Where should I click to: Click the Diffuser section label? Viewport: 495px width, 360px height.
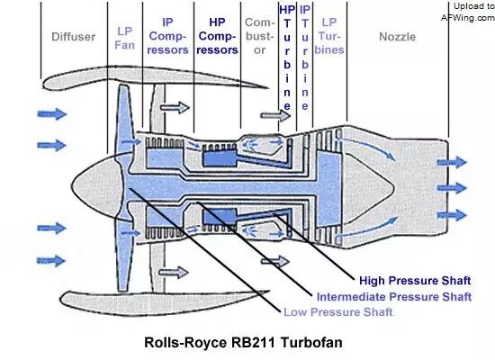pyautogui.click(x=73, y=37)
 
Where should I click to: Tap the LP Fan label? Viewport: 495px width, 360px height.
pyautogui.click(x=125, y=38)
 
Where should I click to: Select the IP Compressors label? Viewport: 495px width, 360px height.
pyautogui.click(x=167, y=36)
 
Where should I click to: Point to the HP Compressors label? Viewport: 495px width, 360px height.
pyautogui.click(x=217, y=36)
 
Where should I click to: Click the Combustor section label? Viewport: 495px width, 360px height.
pyautogui.click(x=259, y=36)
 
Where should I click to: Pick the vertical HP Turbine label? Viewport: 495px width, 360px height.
pyautogui.click(x=287, y=58)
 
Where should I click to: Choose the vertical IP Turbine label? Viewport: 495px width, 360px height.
pyautogui.click(x=304, y=58)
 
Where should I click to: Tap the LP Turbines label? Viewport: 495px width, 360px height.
pyautogui.click(x=329, y=36)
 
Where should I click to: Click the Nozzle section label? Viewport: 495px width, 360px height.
pyautogui.click(x=397, y=37)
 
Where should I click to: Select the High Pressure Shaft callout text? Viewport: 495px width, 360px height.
pyautogui.click(x=415, y=281)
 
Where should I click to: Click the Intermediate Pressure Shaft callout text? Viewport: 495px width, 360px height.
pyautogui.click(x=394, y=297)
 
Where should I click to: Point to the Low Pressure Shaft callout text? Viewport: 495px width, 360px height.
pyautogui.click(x=338, y=312)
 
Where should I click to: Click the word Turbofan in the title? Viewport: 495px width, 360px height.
pyautogui.click(x=311, y=343)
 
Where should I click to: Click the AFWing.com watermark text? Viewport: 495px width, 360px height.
pyautogui.click(x=468, y=18)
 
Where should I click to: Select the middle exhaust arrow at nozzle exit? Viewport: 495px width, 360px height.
pyautogui.click(x=452, y=188)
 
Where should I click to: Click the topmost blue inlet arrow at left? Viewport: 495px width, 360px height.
pyautogui.click(x=52, y=114)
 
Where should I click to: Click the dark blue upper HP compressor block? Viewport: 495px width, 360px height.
pyautogui.click(x=220, y=157)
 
